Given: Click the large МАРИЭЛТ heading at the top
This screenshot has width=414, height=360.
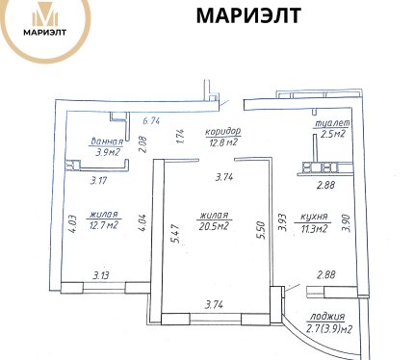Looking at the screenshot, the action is tap(248, 15).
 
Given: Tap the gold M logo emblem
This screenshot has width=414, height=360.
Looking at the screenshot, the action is tap(45, 14).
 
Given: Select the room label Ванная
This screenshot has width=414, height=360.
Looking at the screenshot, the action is tap(107, 141).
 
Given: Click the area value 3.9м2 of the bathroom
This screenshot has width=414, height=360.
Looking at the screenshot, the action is tap(108, 152).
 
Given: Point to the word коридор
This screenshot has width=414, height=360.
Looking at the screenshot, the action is tap(222, 132).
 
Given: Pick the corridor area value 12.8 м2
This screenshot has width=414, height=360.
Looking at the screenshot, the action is tap(223, 141).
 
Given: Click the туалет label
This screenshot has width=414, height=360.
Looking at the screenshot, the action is tap(332, 123).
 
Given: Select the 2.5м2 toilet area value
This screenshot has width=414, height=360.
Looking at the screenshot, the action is tap(333, 133).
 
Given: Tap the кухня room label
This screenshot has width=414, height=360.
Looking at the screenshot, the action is tap(314, 217).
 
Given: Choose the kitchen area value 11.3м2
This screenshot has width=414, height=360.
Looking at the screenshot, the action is tap(313, 228).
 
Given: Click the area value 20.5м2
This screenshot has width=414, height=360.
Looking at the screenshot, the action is tap(214, 226).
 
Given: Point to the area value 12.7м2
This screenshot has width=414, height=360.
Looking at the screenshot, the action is tap(104, 225).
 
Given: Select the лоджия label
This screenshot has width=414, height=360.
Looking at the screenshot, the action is tap(326, 317).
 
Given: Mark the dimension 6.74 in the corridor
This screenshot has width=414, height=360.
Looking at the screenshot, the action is tap(151, 121).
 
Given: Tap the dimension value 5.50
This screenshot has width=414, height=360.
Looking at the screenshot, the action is tap(261, 230).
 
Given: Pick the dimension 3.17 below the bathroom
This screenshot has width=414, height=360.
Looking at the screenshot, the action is tap(98, 181).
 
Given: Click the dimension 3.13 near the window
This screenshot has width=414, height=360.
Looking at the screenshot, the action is tap(101, 275).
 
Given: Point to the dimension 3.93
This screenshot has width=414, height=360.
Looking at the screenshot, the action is tap(282, 222).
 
